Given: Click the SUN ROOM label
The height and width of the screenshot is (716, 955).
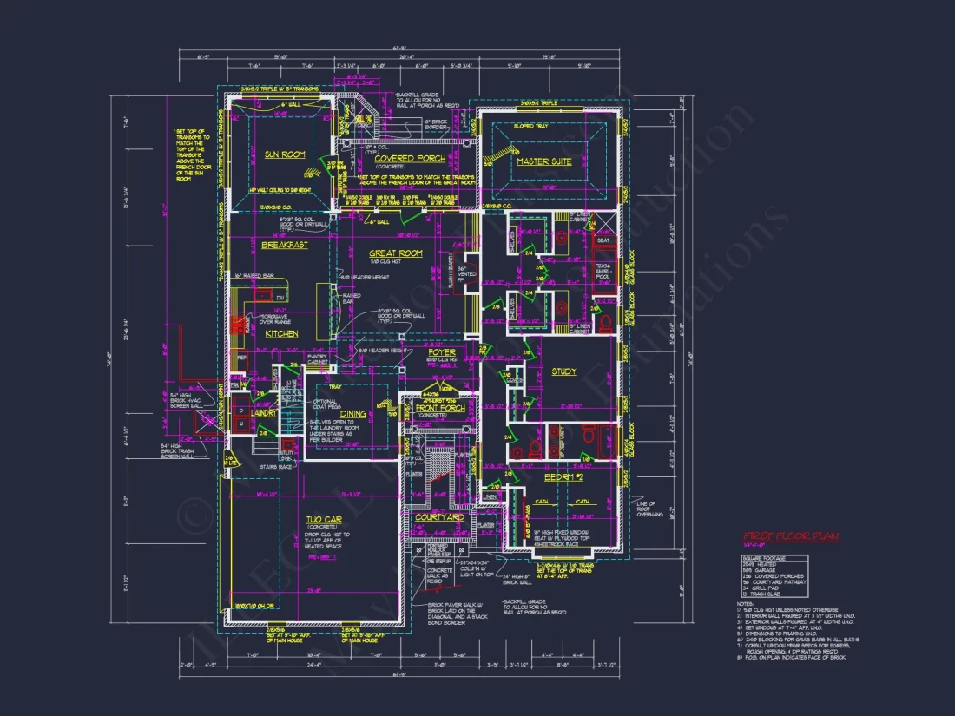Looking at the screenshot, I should pyautogui.click(x=285, y=154).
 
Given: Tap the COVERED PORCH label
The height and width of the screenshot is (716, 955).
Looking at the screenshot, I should pyautogui.click(x=410, y=159).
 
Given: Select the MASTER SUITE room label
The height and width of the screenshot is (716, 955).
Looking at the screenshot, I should pyautogui.click(x=543, y=161).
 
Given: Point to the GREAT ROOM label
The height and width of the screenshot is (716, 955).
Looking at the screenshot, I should pyautogui.click(x=397, y=253).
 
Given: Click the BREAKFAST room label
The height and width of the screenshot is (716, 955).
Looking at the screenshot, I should pyautogui.click(x=285, y=246).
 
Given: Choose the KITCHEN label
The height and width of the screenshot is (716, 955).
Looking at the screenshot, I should pyautogui.click(x=281, y=333).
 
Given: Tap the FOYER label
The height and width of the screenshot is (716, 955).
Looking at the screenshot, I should pyautogui.click(x=441, y=353).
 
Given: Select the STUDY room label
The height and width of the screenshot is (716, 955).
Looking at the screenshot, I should pyautogui.click(x=563, y=371).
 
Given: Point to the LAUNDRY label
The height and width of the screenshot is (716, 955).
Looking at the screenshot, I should pyautogui.click(x=264, y=413).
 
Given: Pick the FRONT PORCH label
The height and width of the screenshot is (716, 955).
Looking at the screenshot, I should pyautogui.click(x=440, y=408).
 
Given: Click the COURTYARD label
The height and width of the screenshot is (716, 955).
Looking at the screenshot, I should pyautogui.click(x=438, y=517).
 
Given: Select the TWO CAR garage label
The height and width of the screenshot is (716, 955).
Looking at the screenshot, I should pyautogui.click(x=322, y=521).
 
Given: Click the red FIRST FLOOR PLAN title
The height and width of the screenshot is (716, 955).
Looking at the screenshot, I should pyautogui.click(x=790, y=536).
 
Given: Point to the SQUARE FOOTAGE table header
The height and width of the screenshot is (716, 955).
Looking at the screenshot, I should pyautogui.click(x=762, y=557).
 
